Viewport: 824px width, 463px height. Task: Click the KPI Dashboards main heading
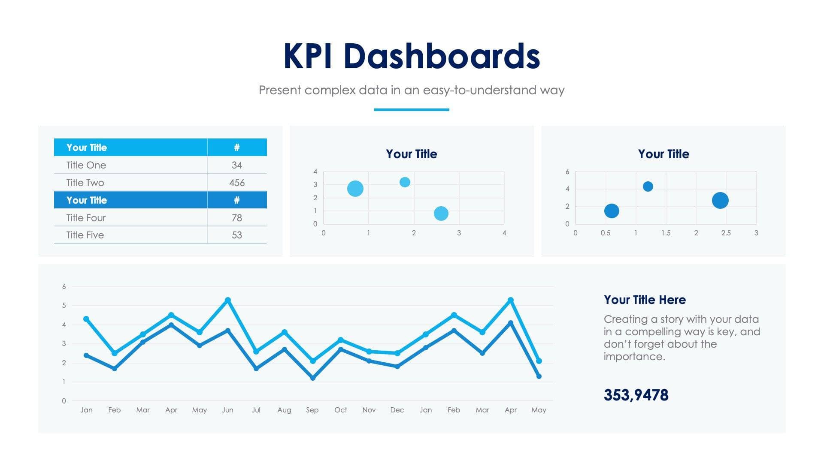coord(411,56)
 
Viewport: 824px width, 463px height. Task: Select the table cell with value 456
coord(236,183)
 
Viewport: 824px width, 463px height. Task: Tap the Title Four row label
coord(86,218)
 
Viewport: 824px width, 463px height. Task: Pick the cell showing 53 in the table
coord(236,235)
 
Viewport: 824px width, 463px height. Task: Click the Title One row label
coord(86,165)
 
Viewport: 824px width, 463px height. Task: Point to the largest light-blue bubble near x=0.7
coord(355,188)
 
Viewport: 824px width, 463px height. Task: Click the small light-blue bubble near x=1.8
coord(405,182)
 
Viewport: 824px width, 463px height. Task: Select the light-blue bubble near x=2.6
coord(441,213)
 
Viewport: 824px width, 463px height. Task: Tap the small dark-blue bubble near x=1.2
coord(648,186)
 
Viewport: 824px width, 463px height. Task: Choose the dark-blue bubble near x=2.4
coord(720,200)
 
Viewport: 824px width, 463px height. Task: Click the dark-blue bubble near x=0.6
coord(612,210)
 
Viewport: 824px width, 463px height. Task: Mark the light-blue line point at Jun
coord(228,300)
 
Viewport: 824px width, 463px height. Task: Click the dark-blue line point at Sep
coord(312,378)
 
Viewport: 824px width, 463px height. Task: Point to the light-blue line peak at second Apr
coord(510,301)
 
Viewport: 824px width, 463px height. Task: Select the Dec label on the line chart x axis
coord(397,410)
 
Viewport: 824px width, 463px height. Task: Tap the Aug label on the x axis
coord(284,410)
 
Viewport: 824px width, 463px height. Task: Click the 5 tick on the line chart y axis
coord(64,305)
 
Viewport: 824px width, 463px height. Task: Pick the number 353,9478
coord(636,395)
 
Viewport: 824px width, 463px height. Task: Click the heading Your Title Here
coord(645,300)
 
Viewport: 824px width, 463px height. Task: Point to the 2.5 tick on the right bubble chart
coord(726,233)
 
